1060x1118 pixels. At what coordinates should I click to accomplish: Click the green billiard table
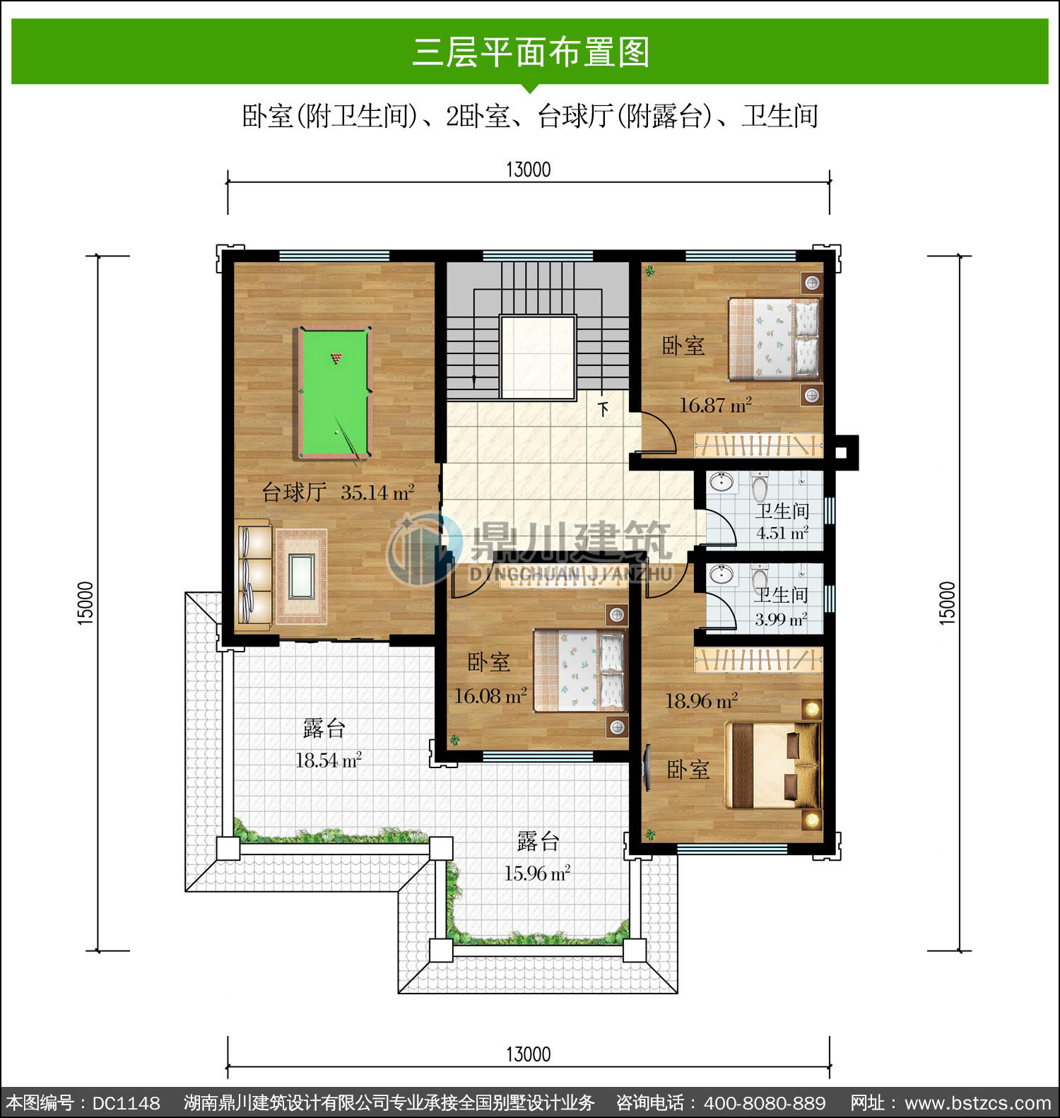click(334, 392)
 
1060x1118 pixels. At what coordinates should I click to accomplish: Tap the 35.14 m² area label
click(377, 492)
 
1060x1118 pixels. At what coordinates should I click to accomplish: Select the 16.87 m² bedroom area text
click(715, 405)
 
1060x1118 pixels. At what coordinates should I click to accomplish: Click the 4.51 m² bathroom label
click(782, 533)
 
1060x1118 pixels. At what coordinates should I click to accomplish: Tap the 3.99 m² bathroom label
click(781, 620)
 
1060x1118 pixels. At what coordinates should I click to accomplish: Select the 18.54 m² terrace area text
click(329, 760)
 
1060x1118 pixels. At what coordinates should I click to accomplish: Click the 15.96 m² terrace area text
click(537, 873)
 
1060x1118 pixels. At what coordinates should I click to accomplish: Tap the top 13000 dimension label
click(529, 170)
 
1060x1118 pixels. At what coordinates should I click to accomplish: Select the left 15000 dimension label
click(85, 603)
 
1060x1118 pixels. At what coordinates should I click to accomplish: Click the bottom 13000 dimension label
click(529, 1054)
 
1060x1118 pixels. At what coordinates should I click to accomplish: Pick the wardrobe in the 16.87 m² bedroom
click(759, 445)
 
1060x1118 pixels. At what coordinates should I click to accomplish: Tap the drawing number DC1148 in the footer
click(126, 1103)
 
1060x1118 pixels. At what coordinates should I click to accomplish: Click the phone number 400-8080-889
click(765, 1103)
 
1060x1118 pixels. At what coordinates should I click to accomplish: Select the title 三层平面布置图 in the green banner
click(530, 52)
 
